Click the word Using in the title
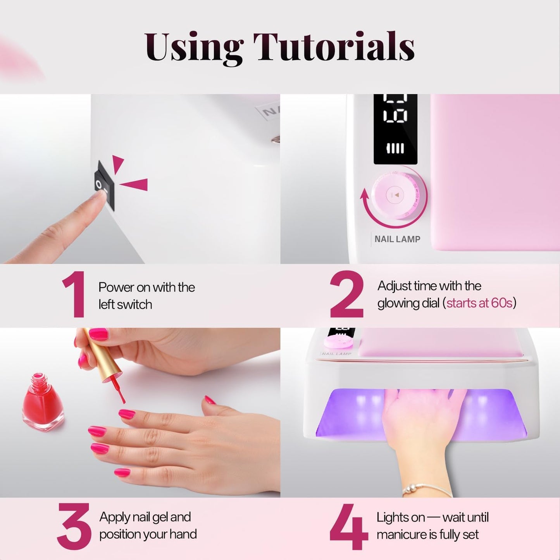(x=194, y=47)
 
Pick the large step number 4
(x=348, y=526)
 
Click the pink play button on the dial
(x=395, y=195)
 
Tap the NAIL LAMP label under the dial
(x=397, y=239)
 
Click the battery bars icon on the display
(x=395, y=148)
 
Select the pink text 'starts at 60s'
(x=479, y=303)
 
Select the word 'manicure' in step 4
(x=401, y=535)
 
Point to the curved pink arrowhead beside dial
(x=364, y=193)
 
